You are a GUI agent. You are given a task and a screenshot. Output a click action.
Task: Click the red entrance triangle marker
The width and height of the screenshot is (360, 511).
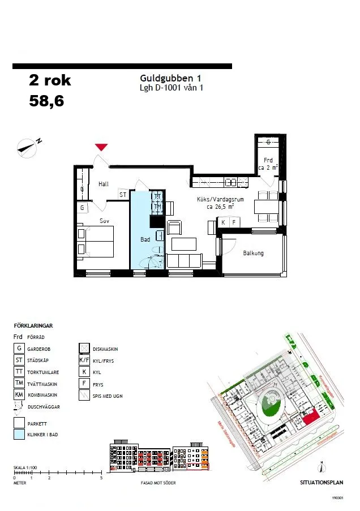(101, 147)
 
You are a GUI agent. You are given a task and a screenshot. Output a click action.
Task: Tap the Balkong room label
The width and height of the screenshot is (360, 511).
(253, 254)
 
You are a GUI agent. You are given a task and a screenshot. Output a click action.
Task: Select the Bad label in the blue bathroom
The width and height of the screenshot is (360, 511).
(145, 240)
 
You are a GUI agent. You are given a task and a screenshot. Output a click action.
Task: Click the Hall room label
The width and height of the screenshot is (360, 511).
(104, 184)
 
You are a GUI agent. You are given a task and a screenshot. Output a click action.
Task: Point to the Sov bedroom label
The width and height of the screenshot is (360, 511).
(104, 221)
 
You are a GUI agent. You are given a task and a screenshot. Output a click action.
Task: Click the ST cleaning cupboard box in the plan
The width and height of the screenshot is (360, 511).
(123, 195)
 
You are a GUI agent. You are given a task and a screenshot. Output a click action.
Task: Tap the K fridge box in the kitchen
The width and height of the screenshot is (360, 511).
(224, 223)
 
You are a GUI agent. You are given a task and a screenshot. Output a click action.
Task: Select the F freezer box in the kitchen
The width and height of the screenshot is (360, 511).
(233, 223)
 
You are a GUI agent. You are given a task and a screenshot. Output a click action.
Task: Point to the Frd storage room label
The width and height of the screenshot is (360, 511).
(268, 161)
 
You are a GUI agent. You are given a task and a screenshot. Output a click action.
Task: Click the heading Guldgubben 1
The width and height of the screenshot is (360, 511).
(170, 79)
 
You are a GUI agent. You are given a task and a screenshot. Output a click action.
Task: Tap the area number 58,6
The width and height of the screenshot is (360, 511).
(46, 101)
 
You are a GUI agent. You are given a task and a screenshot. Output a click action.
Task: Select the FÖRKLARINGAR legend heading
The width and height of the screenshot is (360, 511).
(33, 326)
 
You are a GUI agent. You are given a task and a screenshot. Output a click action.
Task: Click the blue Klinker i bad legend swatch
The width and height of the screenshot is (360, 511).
(19, 435)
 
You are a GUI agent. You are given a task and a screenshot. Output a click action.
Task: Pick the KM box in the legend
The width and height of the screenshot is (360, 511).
(19, 394)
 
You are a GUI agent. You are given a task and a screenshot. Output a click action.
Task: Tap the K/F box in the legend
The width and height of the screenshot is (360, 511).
(84, 360)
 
